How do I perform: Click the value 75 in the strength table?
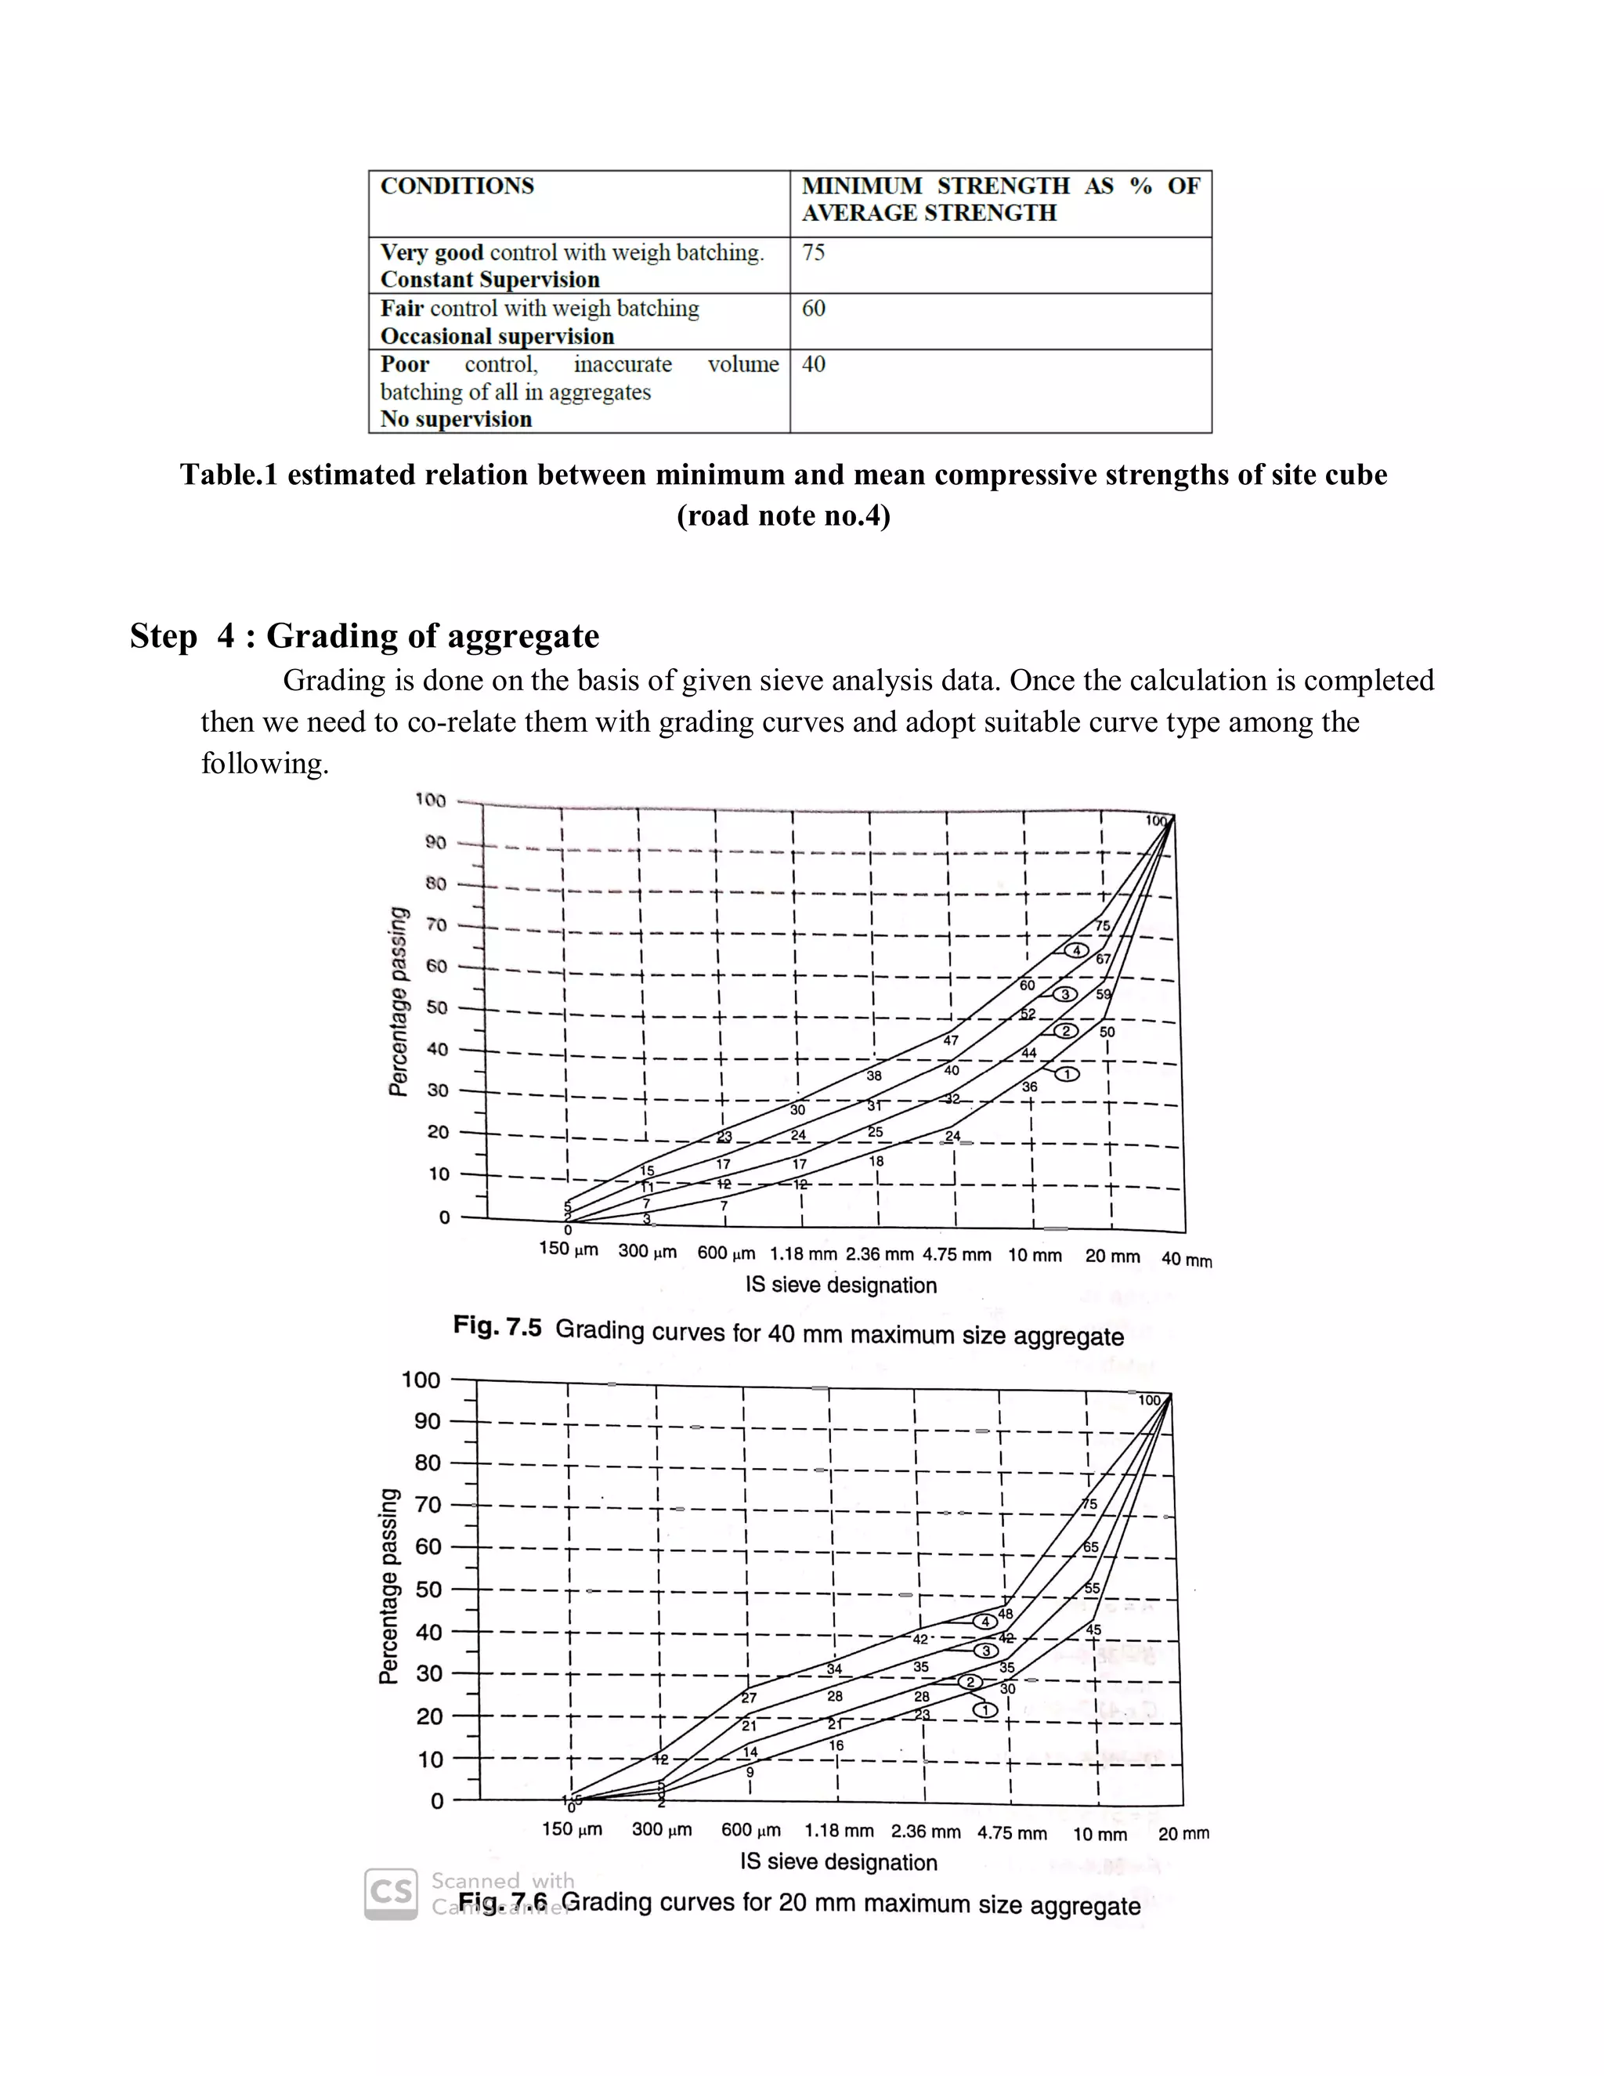814,253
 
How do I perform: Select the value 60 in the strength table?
814,309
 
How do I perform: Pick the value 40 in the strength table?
814,365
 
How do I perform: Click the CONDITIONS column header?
457,186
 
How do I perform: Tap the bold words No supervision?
456,419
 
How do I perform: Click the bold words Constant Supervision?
490,280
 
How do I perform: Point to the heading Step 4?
364,636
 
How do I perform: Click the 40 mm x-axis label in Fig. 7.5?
1186,1260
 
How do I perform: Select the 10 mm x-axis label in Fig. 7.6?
1100,1835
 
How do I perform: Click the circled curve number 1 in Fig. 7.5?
1068,1074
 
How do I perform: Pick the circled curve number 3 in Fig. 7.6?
986,1651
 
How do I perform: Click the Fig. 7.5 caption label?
497,1326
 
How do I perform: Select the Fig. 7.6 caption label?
503,1903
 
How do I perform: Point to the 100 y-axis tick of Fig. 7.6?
420,1380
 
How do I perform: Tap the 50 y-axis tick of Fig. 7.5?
436,1007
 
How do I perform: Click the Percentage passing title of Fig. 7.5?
399,1001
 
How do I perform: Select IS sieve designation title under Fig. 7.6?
838,1862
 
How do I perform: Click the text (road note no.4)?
783,516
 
